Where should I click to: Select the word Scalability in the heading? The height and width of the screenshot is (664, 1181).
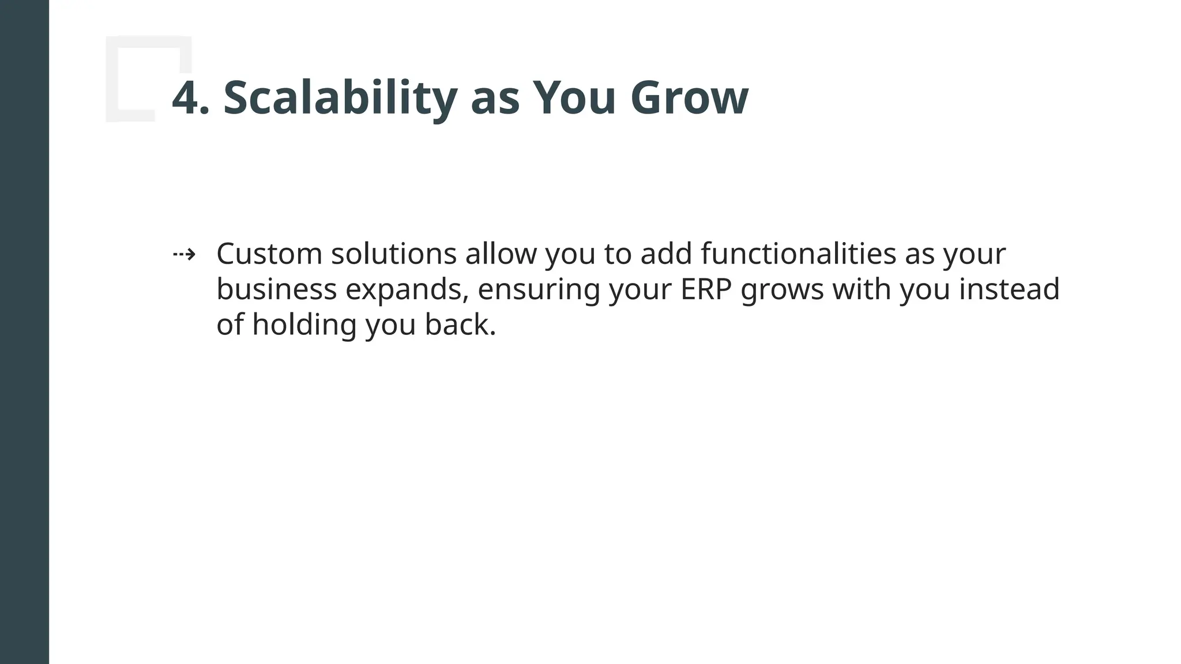click(340, 99)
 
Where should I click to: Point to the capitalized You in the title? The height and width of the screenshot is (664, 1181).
click(574, 99)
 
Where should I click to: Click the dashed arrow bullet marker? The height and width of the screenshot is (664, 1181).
click(184, 254)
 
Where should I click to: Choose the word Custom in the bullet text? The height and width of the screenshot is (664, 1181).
click(269, 254)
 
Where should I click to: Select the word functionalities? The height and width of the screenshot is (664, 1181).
click(798, 254)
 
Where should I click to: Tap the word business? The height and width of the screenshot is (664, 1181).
click(276, 289)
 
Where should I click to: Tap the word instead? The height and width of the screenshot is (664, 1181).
click(1009, 289)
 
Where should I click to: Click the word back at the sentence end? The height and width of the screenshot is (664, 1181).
click(460, 325)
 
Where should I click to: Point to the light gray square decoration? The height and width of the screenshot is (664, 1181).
click(148, 78)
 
